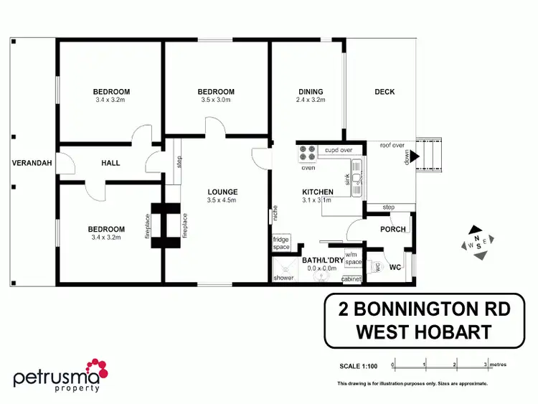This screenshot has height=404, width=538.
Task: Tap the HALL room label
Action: tap(110, 163)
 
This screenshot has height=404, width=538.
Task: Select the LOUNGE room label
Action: tap(222, 192)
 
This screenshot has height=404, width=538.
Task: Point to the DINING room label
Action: tap(311, 91)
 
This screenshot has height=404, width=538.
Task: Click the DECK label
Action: tap(384, 91)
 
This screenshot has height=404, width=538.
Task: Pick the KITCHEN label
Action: tap(317, 192)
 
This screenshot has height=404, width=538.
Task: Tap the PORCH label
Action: tap(393, 230)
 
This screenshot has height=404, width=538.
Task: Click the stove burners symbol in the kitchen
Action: tap(308, 154)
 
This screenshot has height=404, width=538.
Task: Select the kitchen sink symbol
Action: tap(358, 172)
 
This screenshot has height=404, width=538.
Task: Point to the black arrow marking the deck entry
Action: tap(414, 155)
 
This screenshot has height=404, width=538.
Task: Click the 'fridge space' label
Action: tap(280, 243)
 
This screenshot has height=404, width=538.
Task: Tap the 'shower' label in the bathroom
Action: tap(284, 278)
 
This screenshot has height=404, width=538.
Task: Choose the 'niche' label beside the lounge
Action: tap(275, 214)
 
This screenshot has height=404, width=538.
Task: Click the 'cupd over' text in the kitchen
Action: tap(338, 150)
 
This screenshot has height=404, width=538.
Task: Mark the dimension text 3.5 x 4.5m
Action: tap(222, 200)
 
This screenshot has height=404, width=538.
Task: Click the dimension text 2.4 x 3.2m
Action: tap(311, 100)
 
